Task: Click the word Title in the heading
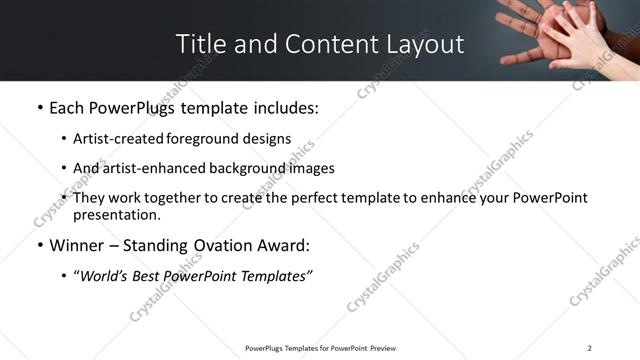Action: pos(200,44)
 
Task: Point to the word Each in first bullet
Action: pos(66,107)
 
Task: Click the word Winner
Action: pos(78,245)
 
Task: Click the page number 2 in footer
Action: pos(590,348)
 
